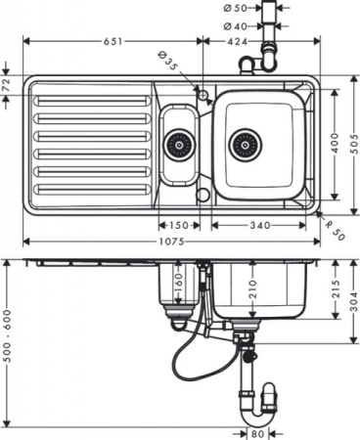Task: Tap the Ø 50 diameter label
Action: coord(234,8)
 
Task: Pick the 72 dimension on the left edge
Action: coord(8,87)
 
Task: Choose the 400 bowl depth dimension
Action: coord(337,144)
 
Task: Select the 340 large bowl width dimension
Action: coord(259,225)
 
